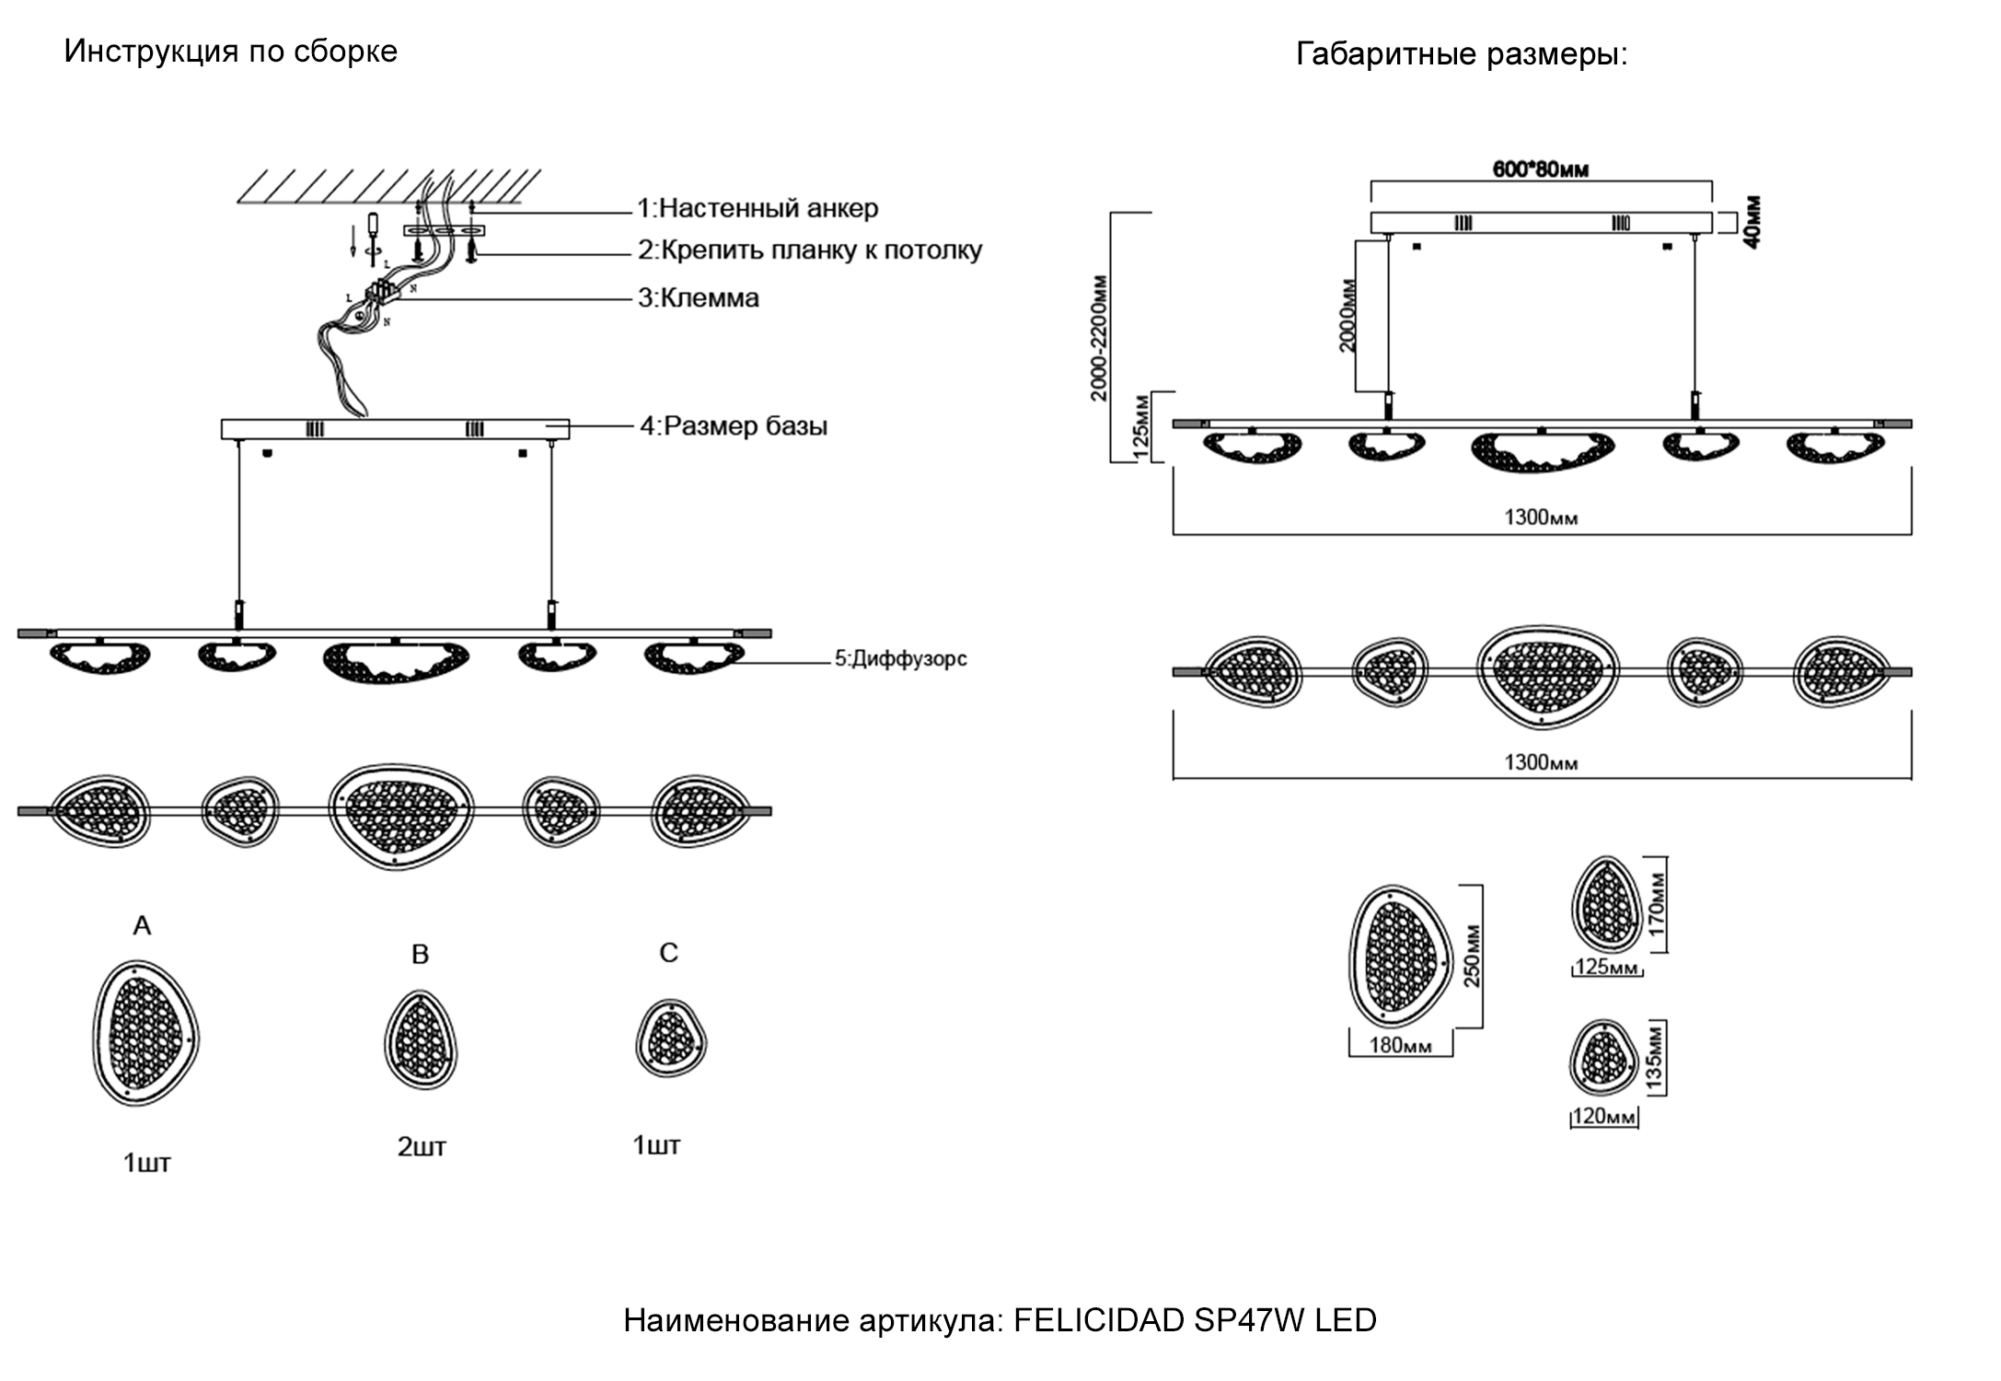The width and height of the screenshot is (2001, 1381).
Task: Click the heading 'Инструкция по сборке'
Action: (x=230, y=51)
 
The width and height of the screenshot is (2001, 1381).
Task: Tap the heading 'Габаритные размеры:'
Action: (x=1462, y=54)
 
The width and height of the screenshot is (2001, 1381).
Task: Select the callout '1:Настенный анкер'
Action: (x=758, y=209)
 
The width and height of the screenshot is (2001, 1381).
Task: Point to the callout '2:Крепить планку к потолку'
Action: (x=810, y=250)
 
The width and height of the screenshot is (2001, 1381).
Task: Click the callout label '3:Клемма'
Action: (x=699, y=298)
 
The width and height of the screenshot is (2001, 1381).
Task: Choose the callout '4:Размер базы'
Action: (x=734, y=426)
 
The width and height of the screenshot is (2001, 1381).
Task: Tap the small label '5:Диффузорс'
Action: (x=900, y=659)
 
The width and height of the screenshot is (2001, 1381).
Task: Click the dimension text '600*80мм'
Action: (x=1540, y=169)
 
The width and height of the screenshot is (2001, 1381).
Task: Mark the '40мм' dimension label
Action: (x=1752, y=222)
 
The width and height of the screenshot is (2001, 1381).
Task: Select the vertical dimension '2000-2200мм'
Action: (x=1099, y=338)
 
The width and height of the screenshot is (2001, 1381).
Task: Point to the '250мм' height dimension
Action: (x=1473, y=956)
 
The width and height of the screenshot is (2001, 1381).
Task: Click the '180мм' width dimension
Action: (x=1400, y=1045)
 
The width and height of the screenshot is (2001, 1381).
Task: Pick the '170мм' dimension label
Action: (x=1657, y=905)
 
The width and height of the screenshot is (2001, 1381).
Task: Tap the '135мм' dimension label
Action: (x=1654, y=1058)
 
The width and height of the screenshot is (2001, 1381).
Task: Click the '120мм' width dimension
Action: (x=1603, y=1117)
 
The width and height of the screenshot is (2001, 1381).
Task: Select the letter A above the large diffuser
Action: (x=142, y=925)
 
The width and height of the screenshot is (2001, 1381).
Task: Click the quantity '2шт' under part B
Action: (x=422, y=1147)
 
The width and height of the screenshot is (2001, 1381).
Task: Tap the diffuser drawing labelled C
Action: (x=671, y=1039)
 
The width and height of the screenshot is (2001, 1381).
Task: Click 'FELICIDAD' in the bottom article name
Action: (x=1099, y=1320)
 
